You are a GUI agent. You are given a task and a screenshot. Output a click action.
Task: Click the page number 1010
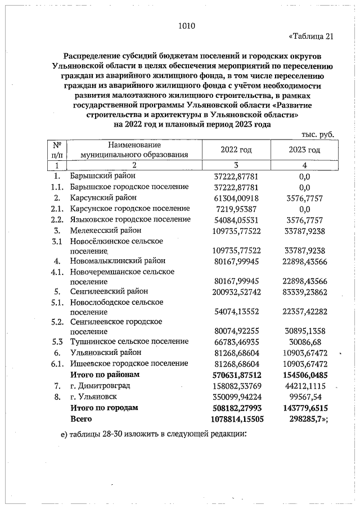pyautogui.click(x=186, y=25)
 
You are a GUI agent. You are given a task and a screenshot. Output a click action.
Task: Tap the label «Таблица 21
pyautogui.click(x=311, y=37)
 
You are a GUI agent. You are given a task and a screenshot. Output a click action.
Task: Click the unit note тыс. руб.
pyautogui.click(x=318, y=135)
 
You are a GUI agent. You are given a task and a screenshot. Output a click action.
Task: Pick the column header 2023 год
pyautogui.click(x=304, y=150)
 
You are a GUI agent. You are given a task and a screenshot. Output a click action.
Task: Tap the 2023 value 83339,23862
pyautogui.click(x=304, y=291)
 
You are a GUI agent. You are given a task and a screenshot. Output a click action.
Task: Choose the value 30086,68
pyautogui.click(x=304, y=341)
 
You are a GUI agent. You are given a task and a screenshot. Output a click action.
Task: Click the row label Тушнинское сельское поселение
pyautogui.click(x=129, y=341)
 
